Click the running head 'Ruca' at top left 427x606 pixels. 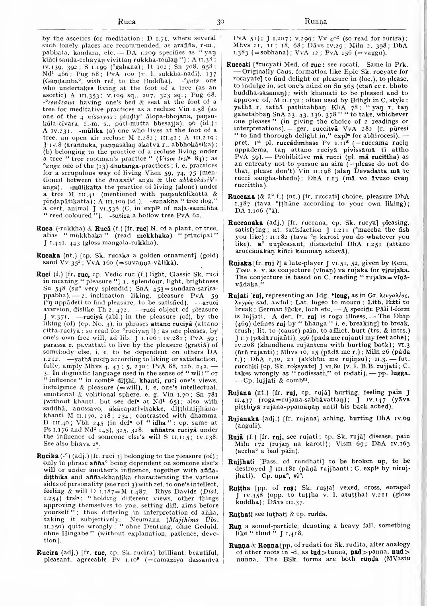click(x=127, y=21)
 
